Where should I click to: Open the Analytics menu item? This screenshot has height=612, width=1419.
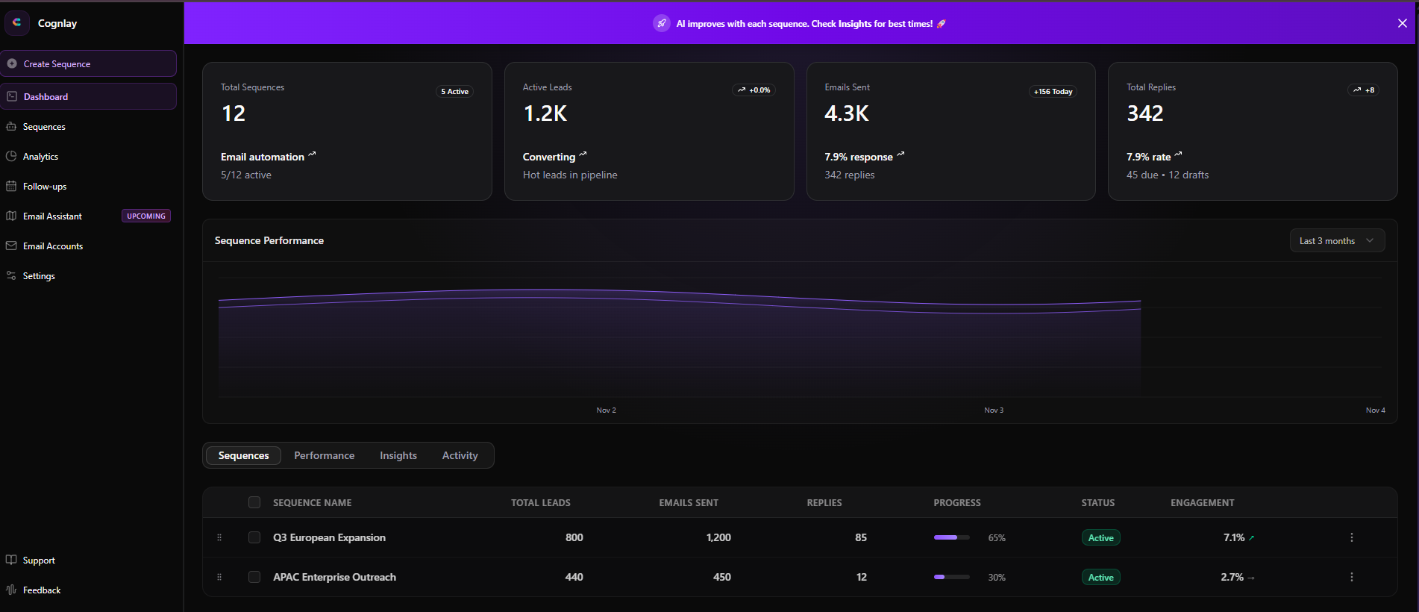tap(40, 157)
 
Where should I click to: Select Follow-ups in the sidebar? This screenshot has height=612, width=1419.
tap(44, 187)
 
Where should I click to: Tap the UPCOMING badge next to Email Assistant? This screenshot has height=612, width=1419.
tap(146, 216)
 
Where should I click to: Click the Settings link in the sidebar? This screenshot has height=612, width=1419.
tap(39, 276)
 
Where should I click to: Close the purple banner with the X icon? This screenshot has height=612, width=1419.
tap(1402, 23)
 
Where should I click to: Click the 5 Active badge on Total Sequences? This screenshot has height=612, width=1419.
tap(454, 92)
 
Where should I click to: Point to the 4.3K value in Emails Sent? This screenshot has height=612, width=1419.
tap(846, 113)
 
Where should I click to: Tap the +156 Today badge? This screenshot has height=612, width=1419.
tap(1053, 92)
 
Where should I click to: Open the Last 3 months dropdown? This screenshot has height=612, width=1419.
tap(1336, 241)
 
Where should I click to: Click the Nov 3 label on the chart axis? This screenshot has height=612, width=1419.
tap(993, 410)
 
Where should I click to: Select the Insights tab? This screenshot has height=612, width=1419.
tap(398, 456)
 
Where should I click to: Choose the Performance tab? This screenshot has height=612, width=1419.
tap(324, 456)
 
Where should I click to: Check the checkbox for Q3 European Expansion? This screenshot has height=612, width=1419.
tap(254, 537)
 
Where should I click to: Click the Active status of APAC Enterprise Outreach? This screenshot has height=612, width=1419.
tap(1100, 578)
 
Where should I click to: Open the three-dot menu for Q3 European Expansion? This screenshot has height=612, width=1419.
tap(1351, 537)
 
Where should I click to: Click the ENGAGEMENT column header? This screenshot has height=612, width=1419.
tap(1202, 503)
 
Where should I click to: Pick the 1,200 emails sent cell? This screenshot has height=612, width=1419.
tap(718, 537)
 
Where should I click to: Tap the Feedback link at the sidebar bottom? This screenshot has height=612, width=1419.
tap(42, 590)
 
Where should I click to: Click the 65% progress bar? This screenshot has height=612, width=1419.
tap(951, 537)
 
